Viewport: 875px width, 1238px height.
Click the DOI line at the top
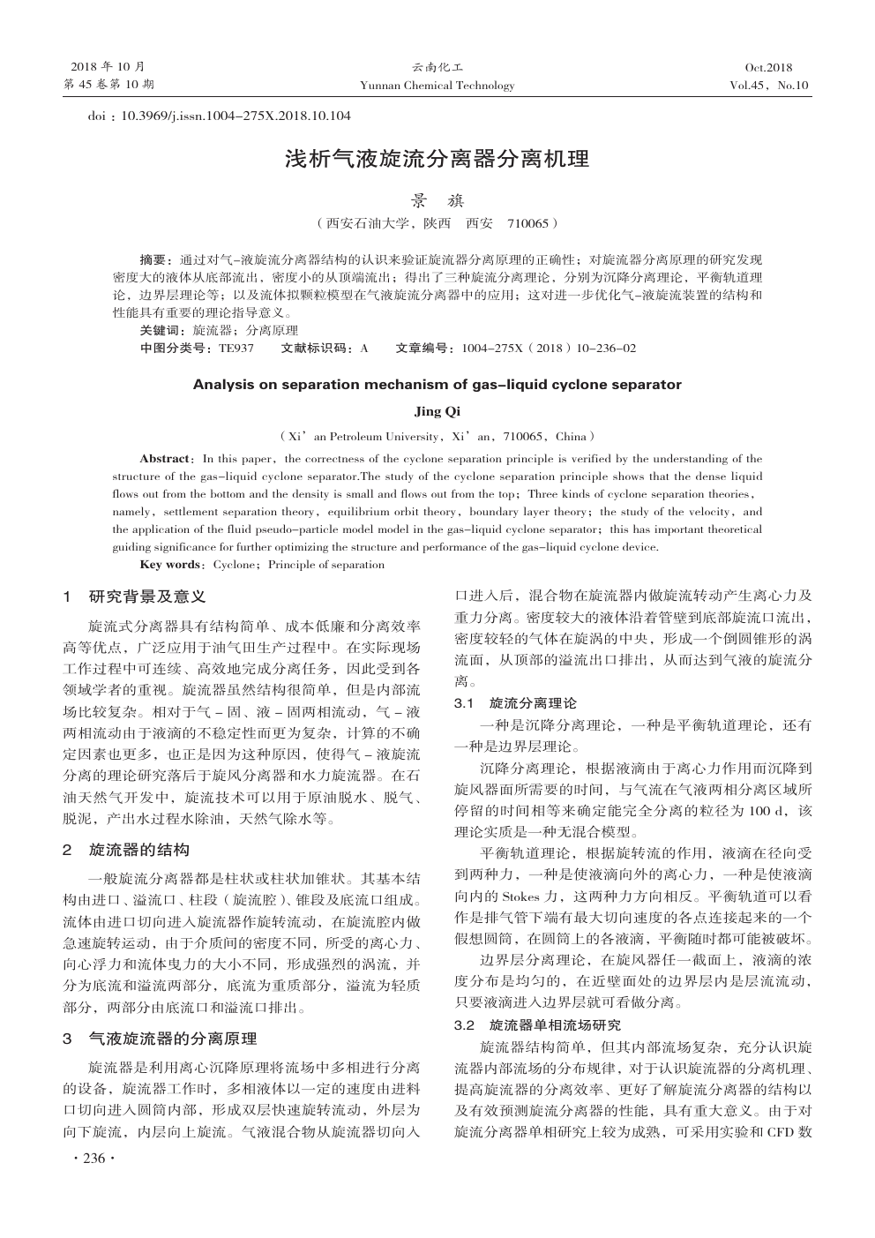pyautogui.click(x=220, y=116)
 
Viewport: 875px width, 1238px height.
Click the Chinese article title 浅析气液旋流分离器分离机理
pyautogui.click(x=437, y=160)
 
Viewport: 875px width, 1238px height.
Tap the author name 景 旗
pyautogui.click(x=437, y=201)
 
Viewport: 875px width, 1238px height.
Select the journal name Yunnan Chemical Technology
pyautogui.click(x=437, y=86)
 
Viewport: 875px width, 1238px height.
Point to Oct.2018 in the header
pyautogui.click(x=768, y=68)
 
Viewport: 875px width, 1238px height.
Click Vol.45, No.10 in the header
pyautogui.click(x=768, y=86)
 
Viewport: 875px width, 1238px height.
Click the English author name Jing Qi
pyautogui.click(x=437, y=410)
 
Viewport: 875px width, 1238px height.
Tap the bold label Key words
pyautogui.click(x=170, y=565)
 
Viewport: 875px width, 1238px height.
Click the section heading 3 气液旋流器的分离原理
pyautogui.click(x=160, y=1039)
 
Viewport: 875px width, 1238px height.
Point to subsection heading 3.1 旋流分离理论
pyautogui.click(x=515, y=703)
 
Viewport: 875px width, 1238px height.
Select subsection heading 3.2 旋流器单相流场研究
pyautogui.click(x=537, y=1025)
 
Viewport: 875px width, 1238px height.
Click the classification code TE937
pyautogui.click(x=236, y=349)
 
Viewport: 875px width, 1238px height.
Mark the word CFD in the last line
pyautogui.click(x=782, y=1131)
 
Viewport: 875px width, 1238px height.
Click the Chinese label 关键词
pyautogui.click(x=162, y=331)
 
